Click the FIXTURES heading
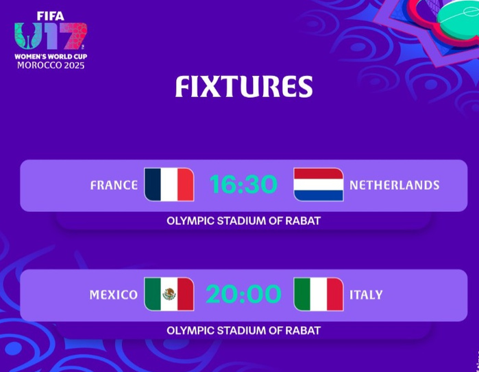coord(244,87)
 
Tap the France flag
coord(169,185)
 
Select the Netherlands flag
coord(319,185)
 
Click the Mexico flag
coord(169,294)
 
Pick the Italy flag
coord(319,294)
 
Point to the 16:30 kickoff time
coord(243,185)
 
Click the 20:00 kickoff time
coord(243,294)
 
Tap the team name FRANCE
coord(114,185)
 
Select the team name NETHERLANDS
coord(394,185)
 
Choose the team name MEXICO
coord(113,295)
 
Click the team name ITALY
coord(366,295)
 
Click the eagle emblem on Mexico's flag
coord(169,294)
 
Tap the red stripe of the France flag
coord(185,185)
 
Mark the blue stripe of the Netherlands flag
coord(319,196)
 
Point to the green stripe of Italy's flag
coord(302,294)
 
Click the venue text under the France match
coord(243,221)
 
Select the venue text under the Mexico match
coord(243,330)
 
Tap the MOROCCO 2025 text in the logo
coord(51,65)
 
